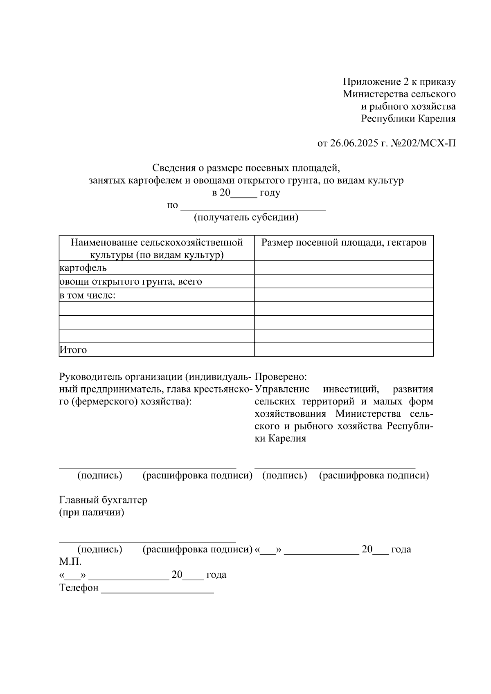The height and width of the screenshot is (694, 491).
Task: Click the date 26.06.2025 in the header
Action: point(354,144)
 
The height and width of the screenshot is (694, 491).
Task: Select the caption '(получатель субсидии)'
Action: point(246,217)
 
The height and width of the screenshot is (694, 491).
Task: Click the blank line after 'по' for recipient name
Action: point(253,206)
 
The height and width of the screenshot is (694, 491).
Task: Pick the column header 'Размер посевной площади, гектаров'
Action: point(344,243)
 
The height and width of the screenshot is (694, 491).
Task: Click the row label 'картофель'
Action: point(83,268)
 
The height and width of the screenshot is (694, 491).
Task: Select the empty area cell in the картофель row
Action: point(344,268)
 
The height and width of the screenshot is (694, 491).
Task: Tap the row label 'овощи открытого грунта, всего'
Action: point(131,282)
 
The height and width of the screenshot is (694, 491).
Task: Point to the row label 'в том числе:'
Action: point(88,295)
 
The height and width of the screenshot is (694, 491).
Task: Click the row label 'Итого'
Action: point(73,350)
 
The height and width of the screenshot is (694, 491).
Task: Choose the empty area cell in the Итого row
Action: point(344,350)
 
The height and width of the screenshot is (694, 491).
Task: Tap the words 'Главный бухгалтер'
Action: point(103,500)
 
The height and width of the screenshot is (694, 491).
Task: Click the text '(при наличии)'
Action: point(92,512)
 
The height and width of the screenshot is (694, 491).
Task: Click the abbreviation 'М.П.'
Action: point(70,562)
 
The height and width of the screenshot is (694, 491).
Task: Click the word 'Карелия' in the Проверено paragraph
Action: point(287,439)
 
